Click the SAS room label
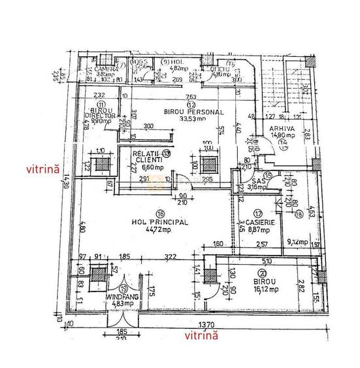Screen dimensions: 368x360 pos(242,180)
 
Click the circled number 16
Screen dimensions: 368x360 pos(159,213)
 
